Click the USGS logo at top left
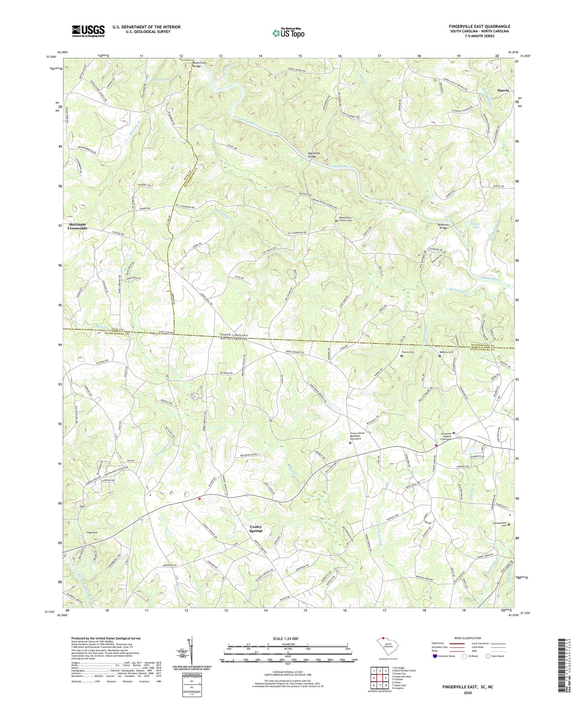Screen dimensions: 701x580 [88, 31]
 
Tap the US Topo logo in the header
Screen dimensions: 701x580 [288, 33]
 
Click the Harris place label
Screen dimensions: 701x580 [503, 90]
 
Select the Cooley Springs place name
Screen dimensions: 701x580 [256, 529]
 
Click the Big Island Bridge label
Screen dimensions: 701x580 [315, 155]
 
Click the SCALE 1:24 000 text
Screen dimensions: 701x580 [287, 638]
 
